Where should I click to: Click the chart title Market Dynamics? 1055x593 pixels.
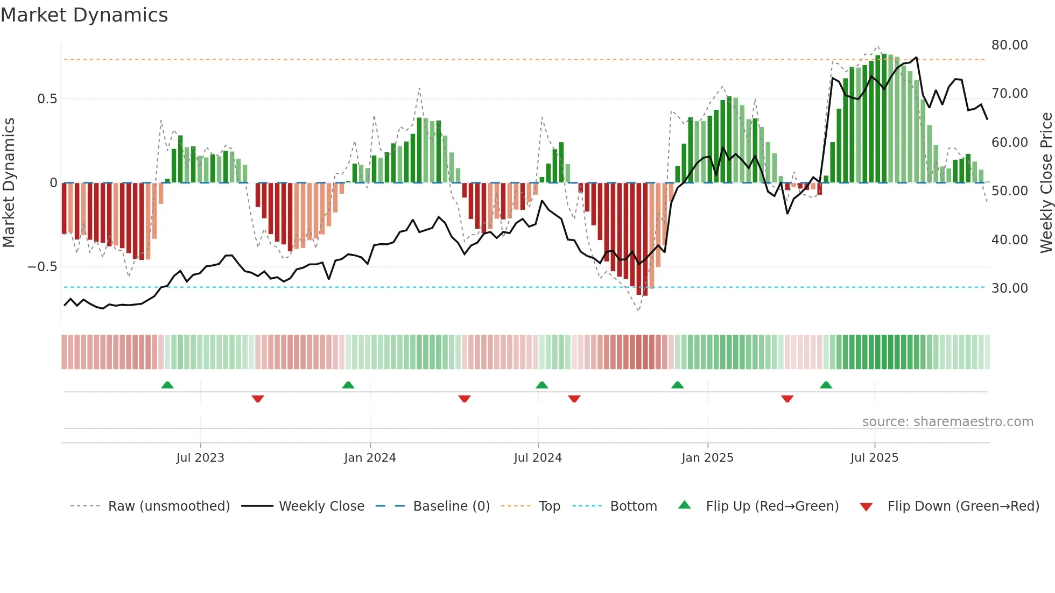pyautogui.click(x=85, y=15)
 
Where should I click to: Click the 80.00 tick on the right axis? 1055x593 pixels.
pyautogui.click(x=1009, y=45)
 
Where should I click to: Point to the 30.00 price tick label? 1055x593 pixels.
pyautogui.click(x=1009, y=288)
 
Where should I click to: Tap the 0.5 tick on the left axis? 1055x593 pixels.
pyautogui.click(x=47, y=99)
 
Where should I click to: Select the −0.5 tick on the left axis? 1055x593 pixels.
pyautogui.click(x=42, y=267)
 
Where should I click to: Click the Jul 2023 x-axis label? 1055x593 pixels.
pyautogui.click(x=200, y=458)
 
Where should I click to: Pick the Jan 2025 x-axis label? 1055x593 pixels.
pyautogui.click(x=707, y=458)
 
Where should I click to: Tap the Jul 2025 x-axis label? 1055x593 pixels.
pyautogui.click(x=874, y=458)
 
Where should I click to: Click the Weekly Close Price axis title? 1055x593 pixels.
pyautogui.click(x=1046, y=183)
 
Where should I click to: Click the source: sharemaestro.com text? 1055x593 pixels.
pyautogui.click(x=947, y=422)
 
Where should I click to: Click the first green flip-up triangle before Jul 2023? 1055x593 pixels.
pyautogui.click(x=167, y=385)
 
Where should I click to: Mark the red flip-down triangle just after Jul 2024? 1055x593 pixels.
pyautogui.click(x=574, y=399)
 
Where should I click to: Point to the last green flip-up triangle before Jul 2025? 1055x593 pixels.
pyautogui.click(x=826, y=385)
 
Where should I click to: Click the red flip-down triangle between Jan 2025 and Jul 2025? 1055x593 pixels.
pyautogui.click(x=787, y=399)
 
